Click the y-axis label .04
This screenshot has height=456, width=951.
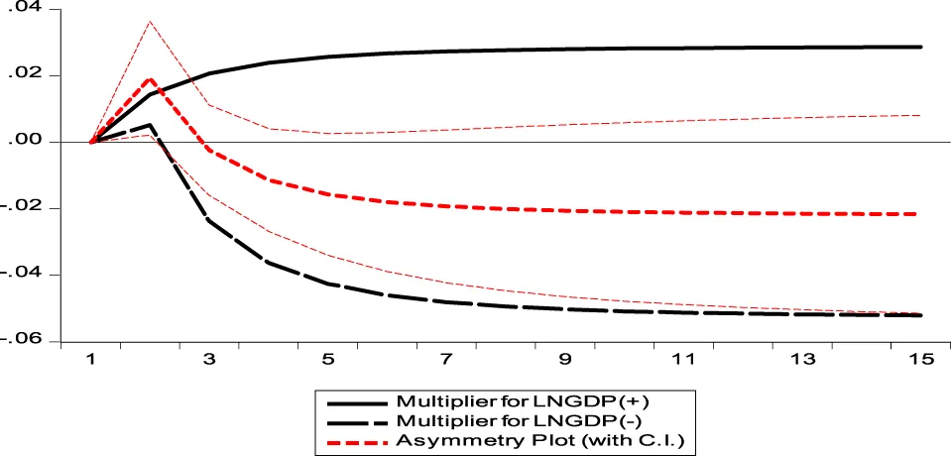31,9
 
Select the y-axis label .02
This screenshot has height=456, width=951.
31,75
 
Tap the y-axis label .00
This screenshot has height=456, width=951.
31,142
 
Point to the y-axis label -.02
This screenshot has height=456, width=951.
27,208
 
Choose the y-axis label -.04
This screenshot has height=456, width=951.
27,275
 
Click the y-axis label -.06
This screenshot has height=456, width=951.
27,340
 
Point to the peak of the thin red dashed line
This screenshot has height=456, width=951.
151,21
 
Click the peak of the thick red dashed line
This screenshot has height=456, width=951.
151,79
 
